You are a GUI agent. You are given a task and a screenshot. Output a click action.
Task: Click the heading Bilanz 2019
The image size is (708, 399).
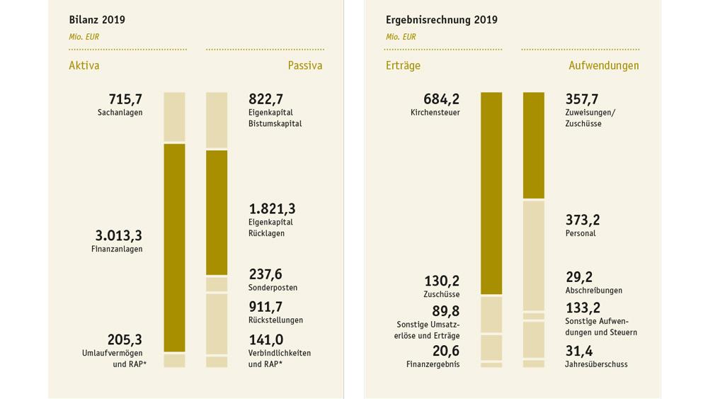[x=97, y=20]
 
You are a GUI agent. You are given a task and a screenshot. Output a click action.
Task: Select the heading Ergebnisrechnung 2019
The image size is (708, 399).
[x=442, y=20]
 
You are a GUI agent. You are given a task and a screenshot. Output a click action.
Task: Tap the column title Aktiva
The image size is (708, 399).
[x=84, y=65]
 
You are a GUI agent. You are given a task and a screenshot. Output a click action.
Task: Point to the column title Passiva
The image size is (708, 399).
[x=304, y=65]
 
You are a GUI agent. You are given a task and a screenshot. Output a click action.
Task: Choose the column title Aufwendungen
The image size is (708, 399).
[x=603, y=65]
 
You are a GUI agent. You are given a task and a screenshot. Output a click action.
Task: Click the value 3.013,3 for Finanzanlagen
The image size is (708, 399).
[x=119, y=235]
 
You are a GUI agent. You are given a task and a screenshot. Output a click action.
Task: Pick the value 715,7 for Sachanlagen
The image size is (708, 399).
[x=125, y=99]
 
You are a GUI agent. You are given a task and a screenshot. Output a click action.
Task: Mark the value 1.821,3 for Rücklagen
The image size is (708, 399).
[x=272, y=208]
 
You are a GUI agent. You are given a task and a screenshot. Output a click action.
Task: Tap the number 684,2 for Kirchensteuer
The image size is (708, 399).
[x=442, y=99]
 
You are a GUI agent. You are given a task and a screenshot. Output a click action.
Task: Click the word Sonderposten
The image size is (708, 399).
[x=273, y=288]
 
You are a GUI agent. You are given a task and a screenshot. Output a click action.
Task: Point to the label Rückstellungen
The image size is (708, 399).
[x=275, y=320]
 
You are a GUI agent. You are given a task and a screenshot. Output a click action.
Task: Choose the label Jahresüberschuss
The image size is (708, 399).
[x=596, y=364]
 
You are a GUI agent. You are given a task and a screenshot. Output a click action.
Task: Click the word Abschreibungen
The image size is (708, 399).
[x=593, y=291]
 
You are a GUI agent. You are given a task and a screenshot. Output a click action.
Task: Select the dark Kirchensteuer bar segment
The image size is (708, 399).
[x=491, y=193]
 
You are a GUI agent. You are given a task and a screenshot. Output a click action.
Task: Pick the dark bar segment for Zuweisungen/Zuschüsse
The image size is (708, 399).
[x=533, y=145]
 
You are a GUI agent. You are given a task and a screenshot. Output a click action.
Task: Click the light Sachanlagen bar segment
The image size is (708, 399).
[x=174, y=117]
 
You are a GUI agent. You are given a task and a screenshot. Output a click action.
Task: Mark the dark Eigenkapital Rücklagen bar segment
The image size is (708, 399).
[x=217, y=212]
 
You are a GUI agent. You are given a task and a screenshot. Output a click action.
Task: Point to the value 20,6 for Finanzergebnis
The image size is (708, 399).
[x=447, y=351]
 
